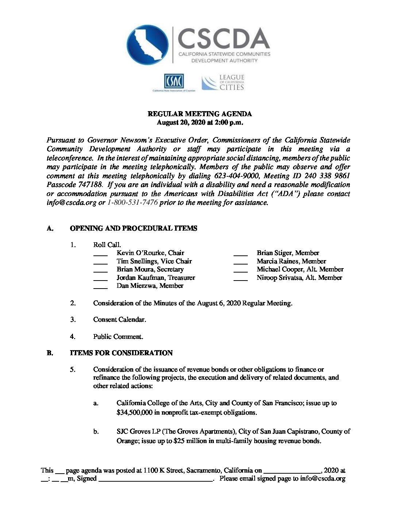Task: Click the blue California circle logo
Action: coord(148,45)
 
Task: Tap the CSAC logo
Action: coord(174,82)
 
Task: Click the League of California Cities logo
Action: coord(223,83)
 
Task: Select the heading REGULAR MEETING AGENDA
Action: coord(200,114)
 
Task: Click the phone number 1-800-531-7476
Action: coord(132,203)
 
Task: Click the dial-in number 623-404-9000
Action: coord(236,176)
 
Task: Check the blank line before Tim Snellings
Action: coord(100,262)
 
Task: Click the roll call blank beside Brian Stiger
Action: coord(240,254)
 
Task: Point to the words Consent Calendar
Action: coord(119,320)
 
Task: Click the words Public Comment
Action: coord(118,337)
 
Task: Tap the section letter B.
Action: coord(50,353)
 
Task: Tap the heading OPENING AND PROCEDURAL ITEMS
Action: coord(134,228)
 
